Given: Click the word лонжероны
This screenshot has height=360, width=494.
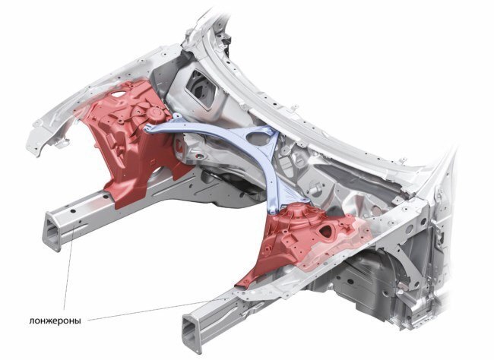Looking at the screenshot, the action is click(x=55, y=321).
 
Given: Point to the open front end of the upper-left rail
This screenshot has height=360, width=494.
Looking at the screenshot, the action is click(x=53, y=232).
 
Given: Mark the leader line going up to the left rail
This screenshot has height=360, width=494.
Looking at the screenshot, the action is click(x=70, y=268).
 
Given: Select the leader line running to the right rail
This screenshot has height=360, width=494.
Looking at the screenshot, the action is click(x=157, y=310).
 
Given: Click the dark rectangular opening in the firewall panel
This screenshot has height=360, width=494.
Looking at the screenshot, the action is click(x=201, y=87).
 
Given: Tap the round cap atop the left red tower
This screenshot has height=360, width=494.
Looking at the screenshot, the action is click(x=155, y=112).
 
